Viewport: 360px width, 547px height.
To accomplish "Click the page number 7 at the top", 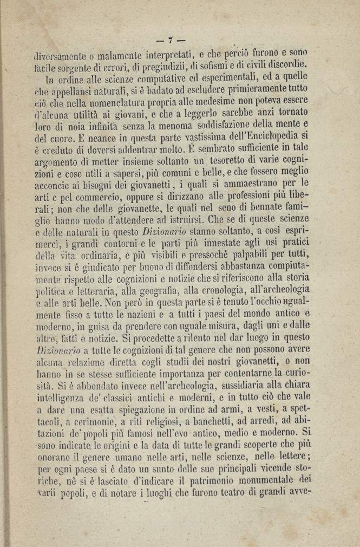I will coord(170,40).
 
